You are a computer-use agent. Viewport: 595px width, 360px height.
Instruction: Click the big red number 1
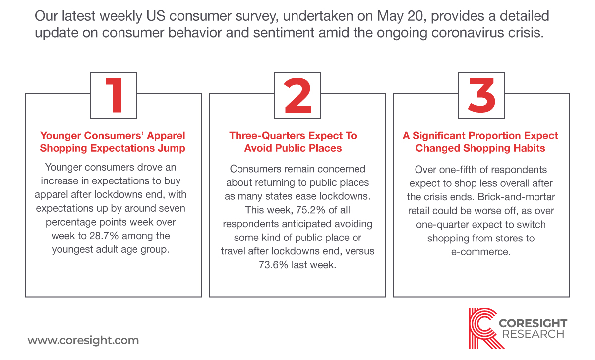point(115,95)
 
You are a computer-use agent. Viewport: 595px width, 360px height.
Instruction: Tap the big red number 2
point(297,95)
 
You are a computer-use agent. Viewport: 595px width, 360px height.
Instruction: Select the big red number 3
point(481,95)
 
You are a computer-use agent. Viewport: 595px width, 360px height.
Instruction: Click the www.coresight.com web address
point(83,341)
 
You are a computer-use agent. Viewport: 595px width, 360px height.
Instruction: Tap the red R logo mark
point(483,328)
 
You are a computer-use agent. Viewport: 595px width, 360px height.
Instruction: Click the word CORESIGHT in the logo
point(533,323)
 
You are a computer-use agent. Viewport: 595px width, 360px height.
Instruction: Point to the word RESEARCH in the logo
point(533,334)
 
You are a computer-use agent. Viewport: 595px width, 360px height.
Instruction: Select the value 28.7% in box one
point(104,236)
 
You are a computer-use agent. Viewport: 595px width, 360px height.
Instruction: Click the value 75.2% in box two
point(310,210)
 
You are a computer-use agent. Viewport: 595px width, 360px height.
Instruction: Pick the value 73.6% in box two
point(273,265)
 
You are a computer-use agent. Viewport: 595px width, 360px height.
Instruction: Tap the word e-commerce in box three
point(481,252)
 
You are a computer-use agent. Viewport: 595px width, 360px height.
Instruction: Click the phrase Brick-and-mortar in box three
point(516,197)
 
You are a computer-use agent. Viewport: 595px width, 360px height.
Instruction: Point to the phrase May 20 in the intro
point(400,16)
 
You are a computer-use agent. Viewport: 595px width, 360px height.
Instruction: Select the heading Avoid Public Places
point(293,148)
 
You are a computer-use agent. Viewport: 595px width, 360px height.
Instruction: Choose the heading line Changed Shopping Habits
point(480,148)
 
